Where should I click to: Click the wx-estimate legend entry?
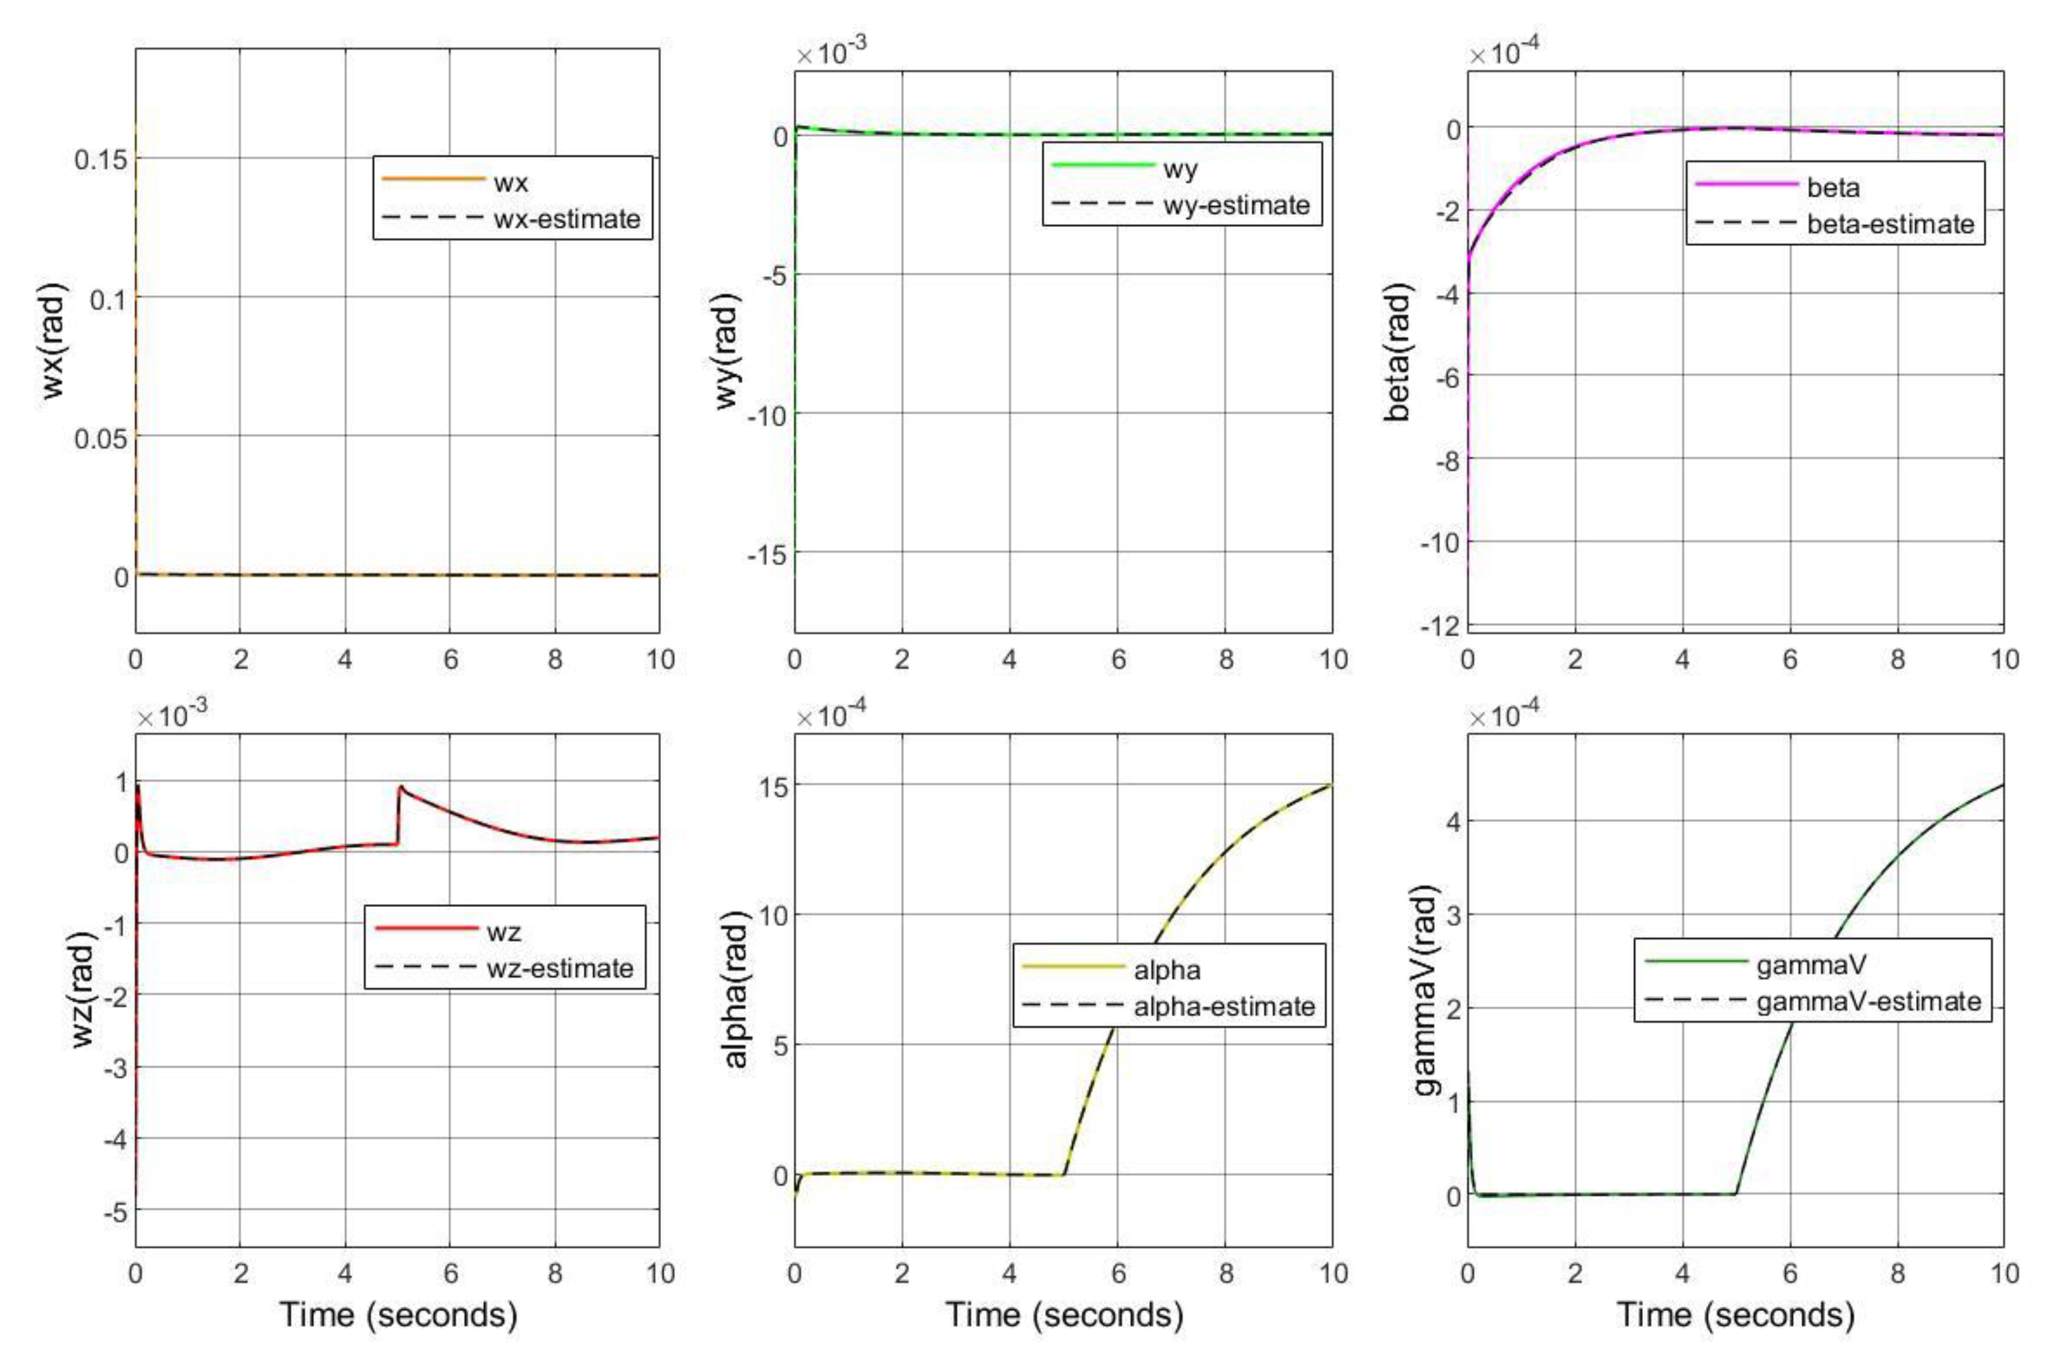(x=566, y=218)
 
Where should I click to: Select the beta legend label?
(x=1833, y=187)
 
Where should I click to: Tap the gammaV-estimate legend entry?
(x=1868, y=1001)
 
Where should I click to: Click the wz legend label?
(x=503, y=932)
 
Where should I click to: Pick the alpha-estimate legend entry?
(x=1224, y=1006)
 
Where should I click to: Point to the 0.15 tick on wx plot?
(x=100, y=160)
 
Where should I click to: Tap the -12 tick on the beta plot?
(x=1440, y=625)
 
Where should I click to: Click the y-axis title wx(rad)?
(x=54, y=341)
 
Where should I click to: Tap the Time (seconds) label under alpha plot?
(x=1064, y=1314)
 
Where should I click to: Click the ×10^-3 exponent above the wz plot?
(x=172, y=716)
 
